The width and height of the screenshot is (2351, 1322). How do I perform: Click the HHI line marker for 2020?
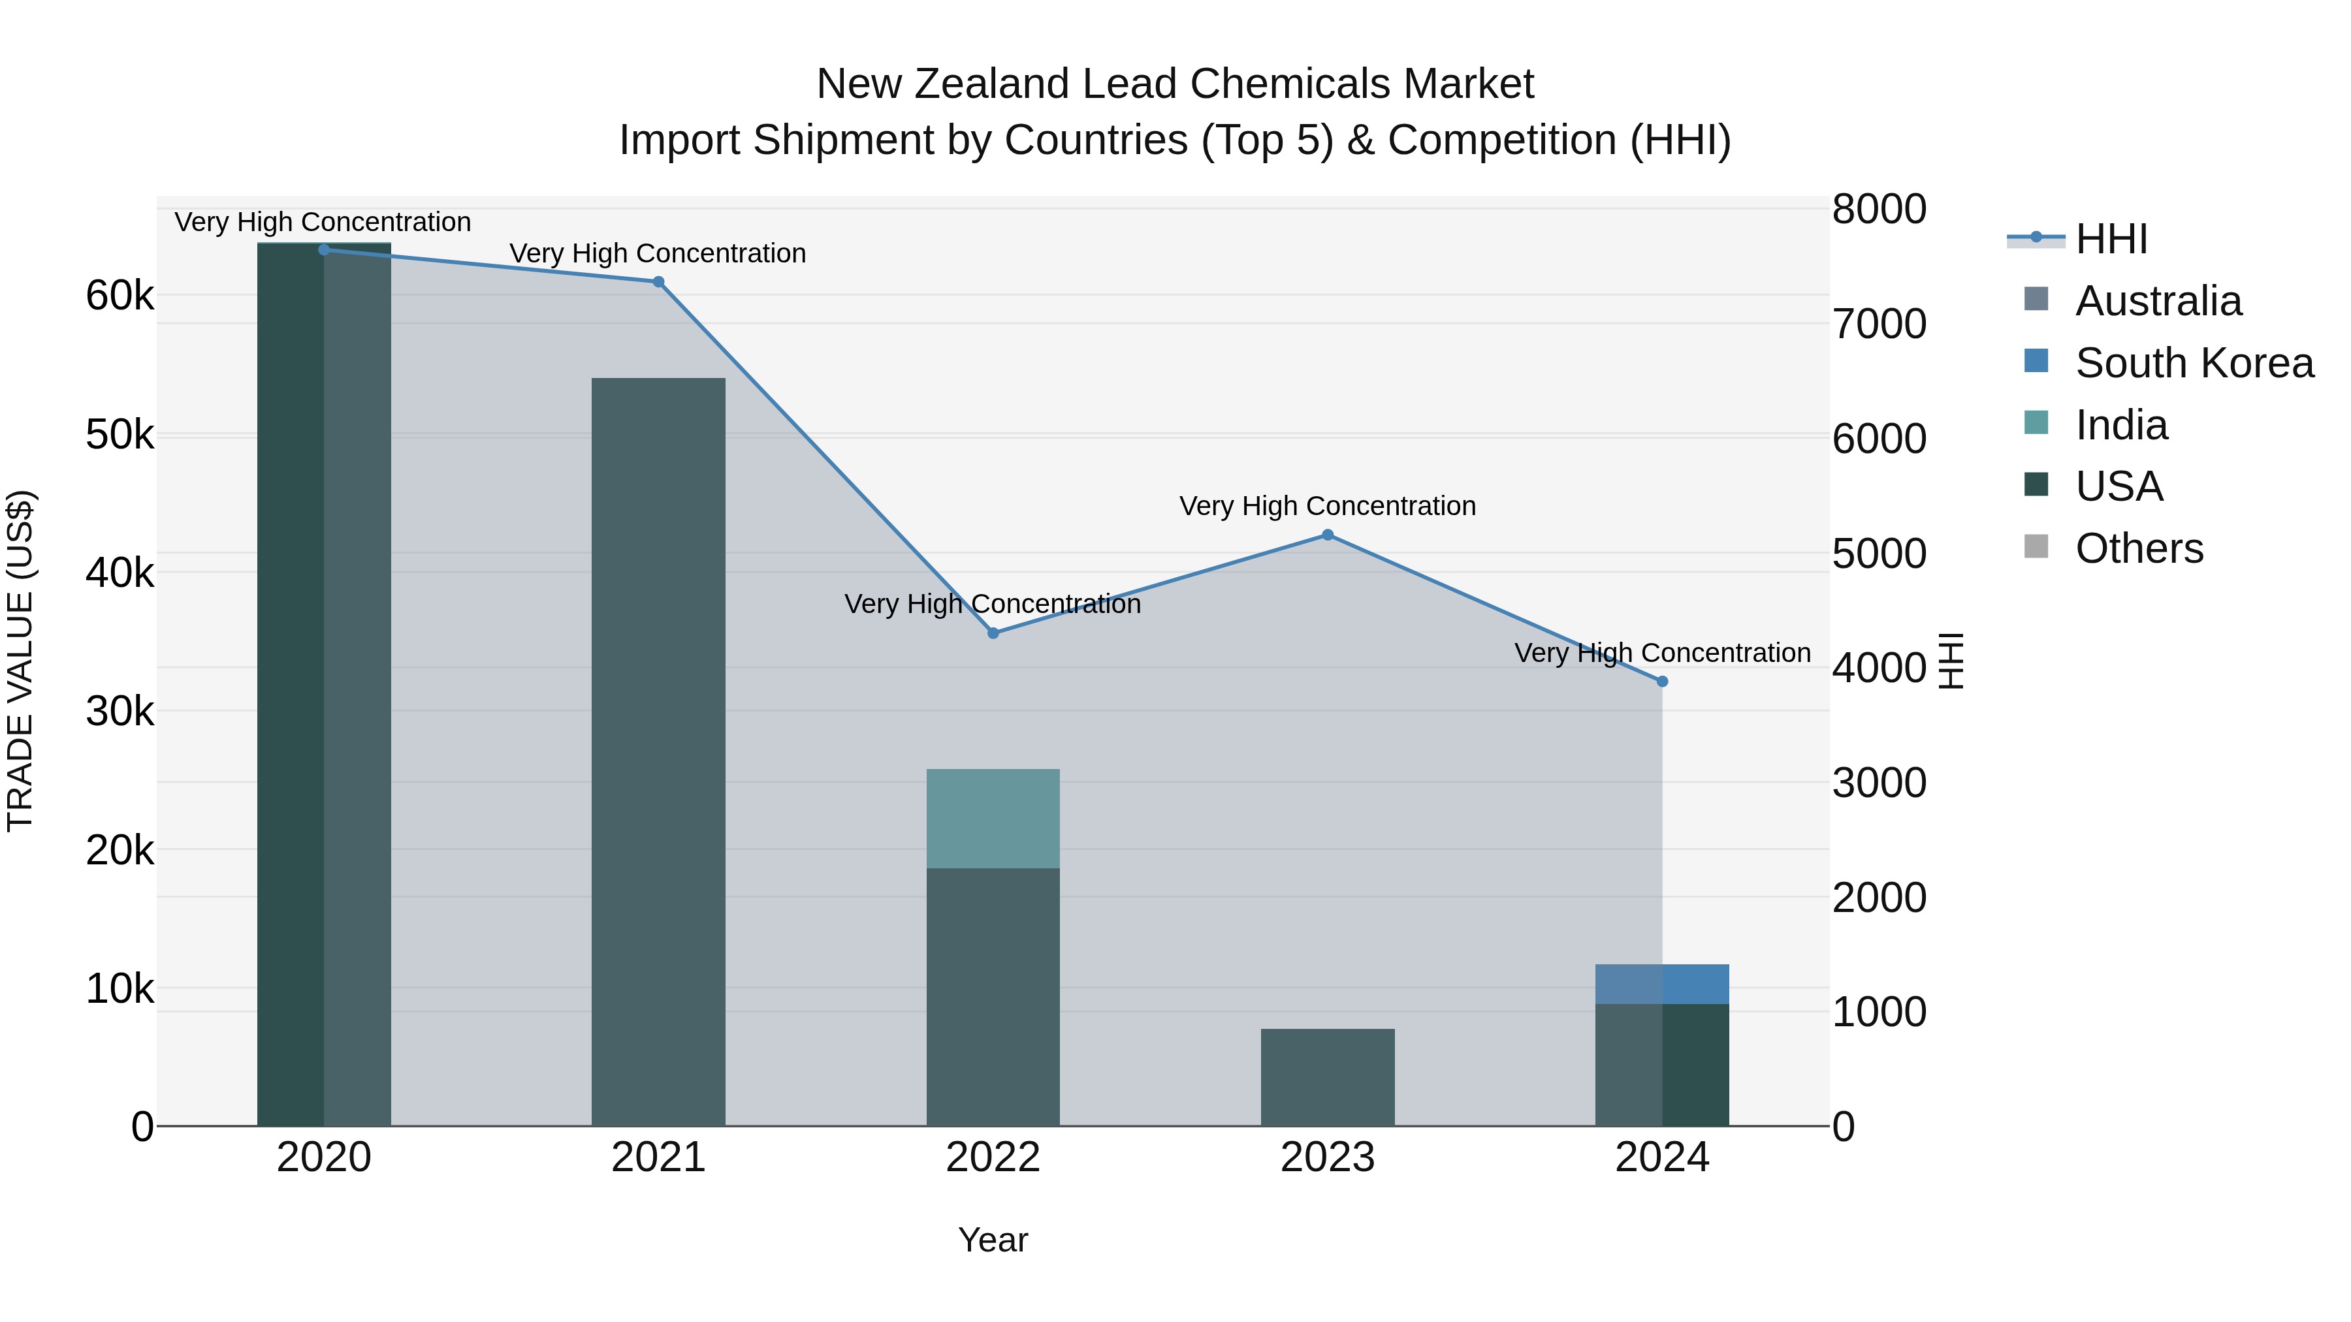[324, 249]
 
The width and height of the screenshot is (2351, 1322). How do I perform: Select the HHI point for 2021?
[658, 282]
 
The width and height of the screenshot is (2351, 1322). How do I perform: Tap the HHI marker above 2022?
[993, 633]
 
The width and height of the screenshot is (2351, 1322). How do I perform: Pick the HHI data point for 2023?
[1328, 535]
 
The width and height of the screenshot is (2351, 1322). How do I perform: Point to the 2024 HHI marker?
[1662, 682]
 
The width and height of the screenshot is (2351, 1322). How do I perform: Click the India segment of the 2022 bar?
[993, 819]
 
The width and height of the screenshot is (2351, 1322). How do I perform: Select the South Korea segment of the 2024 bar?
[1662, 984]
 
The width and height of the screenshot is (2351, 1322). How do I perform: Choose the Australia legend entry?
[2158, 301]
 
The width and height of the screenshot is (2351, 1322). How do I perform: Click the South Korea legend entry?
[2194, 363]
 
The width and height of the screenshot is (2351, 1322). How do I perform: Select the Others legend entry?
[2139, 549]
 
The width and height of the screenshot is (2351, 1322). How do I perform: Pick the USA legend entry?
[2119, 487]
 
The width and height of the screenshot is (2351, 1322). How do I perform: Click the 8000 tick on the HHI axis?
[1879, 209]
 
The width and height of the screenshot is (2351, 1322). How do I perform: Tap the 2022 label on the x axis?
[993, 1157]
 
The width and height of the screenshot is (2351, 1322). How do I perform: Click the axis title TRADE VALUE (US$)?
[20, 661]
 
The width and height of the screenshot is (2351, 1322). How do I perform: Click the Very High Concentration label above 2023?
[1327, 505]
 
